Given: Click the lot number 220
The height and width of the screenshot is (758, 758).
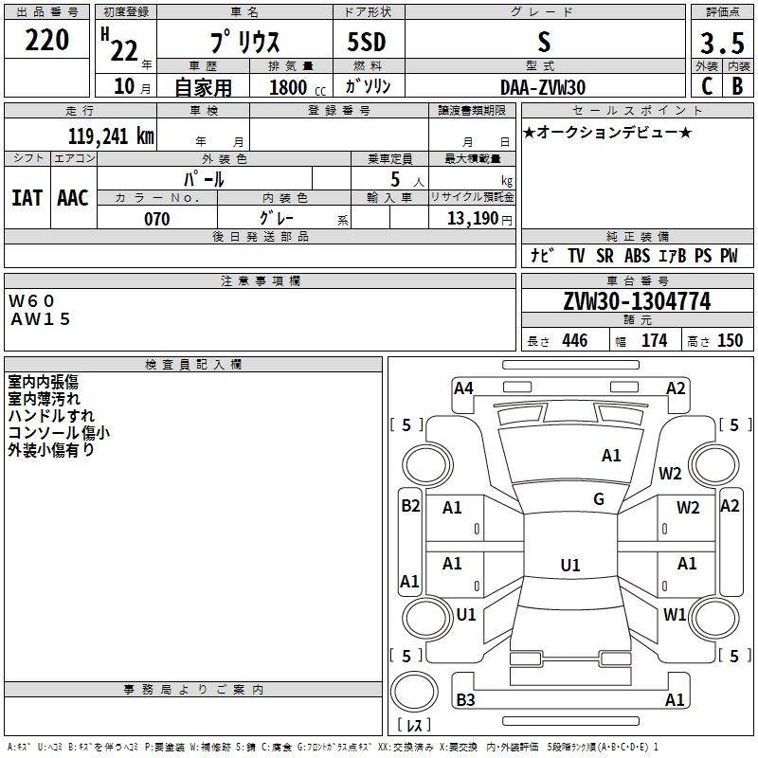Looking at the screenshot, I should tap(48, 41).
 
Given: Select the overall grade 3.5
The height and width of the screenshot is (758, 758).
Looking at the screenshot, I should tap(721, 43).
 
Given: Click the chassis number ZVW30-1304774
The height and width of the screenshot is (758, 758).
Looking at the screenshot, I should tap(637, 301).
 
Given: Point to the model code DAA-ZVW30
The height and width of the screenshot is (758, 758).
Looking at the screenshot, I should tap(543, 86).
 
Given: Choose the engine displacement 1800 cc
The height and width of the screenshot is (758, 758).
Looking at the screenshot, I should tap(290, 87).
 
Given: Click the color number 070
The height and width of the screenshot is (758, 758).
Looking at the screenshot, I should tap(157, 219).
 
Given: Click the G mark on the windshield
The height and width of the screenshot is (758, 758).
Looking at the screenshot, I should tap(599, 499).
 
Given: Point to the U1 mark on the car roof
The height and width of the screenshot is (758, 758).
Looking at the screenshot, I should tap(569, 566).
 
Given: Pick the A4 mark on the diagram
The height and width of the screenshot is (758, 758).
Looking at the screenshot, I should tap(463, 388).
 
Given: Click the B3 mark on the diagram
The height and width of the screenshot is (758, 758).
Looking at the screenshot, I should tap(465, 700).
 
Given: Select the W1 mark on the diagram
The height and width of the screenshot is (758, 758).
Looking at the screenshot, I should tap(675, 614).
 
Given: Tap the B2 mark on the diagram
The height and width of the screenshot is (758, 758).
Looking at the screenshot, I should tap(409, 506).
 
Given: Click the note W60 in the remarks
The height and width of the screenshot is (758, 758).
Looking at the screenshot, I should tap(33, 300).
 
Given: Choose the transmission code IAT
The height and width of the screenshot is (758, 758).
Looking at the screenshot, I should tap(27, 198).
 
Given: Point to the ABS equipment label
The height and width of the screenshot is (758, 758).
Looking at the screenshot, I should tap(637, 256).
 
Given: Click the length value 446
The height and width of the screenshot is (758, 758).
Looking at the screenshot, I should tap(574, 341).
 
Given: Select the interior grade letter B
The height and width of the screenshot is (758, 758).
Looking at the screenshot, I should tap(737, 86).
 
